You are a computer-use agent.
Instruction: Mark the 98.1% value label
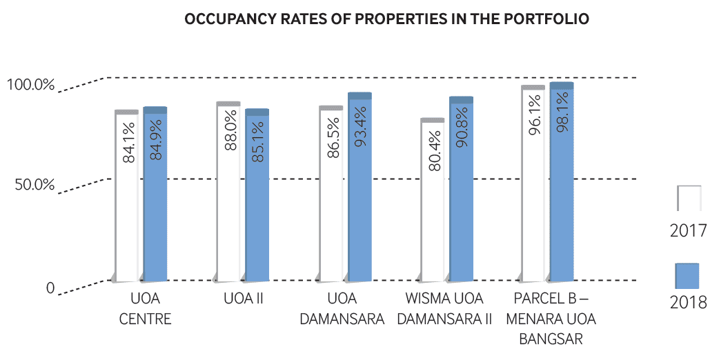pyautogui.click(x=562, y=114)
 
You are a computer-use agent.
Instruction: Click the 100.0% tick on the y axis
pyautogui.click(x=30, y=86)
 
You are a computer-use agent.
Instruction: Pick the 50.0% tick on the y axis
pyautogui.click(x=32, y=186)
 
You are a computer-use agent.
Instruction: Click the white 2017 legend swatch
pyautogui.click(x=689, y=198)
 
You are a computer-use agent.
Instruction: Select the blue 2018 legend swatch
pyautogui.click(x=687, y=276)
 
